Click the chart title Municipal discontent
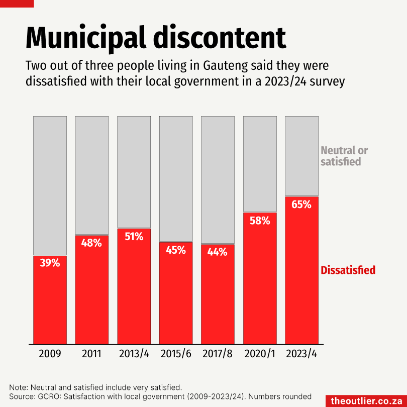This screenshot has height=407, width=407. click(x=156, y=38)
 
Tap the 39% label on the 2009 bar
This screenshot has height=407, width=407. click(x=50, y=263)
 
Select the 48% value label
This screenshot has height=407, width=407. click(x=91, y=243)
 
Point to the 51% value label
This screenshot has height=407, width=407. click(x=134, y=236)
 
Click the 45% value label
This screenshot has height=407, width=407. click(x=176, y=250)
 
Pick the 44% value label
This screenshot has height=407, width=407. click(x=218, y=252)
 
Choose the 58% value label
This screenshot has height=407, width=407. click(x=260, y=221)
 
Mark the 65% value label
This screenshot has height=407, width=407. click(x=301, y=205)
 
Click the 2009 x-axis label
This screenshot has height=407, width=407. click(x=50, y=354)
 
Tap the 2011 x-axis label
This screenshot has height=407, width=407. click(x=91, y=354)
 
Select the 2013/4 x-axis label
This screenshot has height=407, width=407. click(x=134, y=354)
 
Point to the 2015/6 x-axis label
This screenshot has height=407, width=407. click(x=176, y=354)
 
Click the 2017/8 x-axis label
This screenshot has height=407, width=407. click(x=218, y=354)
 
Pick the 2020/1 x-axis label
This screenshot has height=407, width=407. click(x=260, y=354)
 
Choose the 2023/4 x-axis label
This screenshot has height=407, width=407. click(x=301, y=354)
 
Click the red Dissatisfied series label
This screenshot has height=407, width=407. click(x=348, y=270)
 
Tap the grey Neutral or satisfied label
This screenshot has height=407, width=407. click(x=344, y=156)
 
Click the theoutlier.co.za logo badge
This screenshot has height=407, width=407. click(x=366, y=400)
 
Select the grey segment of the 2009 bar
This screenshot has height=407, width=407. click(x=50, y=186)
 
